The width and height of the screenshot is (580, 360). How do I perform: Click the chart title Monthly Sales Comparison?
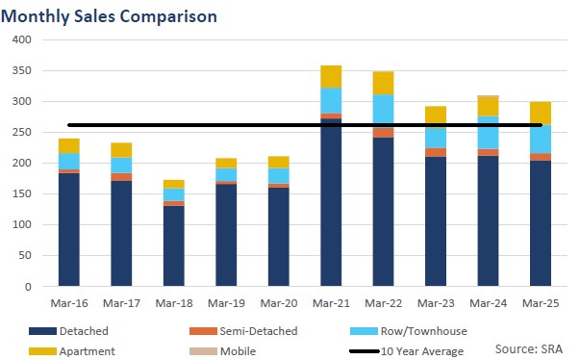click(110, 16)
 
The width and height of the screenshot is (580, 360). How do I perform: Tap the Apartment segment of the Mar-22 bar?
click(383, 83)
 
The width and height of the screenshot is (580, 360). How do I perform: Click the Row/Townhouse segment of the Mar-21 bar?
click(330, 100)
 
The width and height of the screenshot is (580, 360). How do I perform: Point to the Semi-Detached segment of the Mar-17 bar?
click(121, 177)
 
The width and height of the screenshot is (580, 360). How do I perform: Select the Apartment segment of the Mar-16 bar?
click(68, 146)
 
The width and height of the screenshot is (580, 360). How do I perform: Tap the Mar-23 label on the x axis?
click(435, 303)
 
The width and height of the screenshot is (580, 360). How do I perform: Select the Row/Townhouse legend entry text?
click(424, 331)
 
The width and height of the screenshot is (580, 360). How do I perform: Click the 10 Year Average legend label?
click(424, 351)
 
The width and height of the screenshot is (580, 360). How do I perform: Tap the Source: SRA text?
click(528, 347)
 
